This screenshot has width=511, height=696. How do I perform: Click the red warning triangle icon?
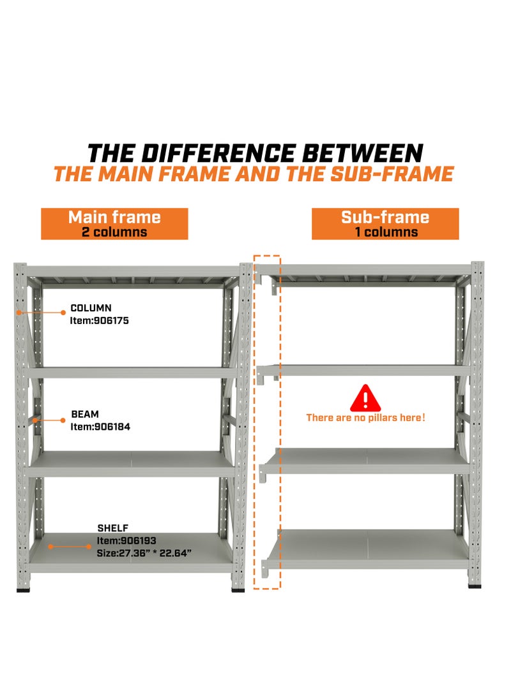[365, 398]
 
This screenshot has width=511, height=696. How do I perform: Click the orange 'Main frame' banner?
[114, 223]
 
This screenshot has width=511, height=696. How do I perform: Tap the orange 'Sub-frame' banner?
[385, 223]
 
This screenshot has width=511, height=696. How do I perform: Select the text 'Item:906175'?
[99, 321]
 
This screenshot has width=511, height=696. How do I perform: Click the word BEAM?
[85, 415]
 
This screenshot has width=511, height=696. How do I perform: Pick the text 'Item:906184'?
[100, 427]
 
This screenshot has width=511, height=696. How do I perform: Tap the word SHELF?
[113, 528]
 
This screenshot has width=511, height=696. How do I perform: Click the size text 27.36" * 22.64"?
[144, 553]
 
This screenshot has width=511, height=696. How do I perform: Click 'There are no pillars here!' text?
[365, 418]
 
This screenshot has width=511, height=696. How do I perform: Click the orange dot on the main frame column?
[20, 313]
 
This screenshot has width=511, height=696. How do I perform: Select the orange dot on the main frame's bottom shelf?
[50, 547]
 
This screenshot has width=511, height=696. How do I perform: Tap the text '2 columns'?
[114, 232]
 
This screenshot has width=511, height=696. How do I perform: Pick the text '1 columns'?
[386, 232]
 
